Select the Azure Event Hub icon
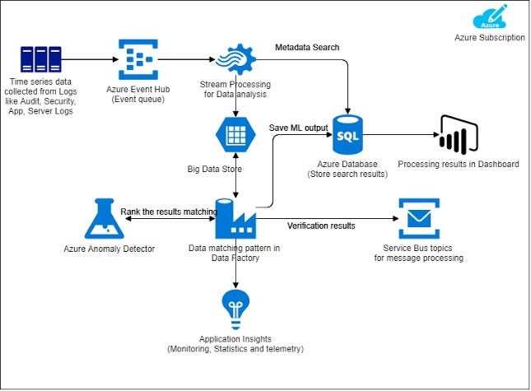pos(137,60)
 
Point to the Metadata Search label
pos(307,47)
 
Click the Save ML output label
pos(299,128)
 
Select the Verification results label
pos(321,226)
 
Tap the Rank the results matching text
pos(168,212)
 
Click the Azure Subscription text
pos(489,37)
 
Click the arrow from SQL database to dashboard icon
pos(400,134)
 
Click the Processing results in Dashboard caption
pos(459,164)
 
